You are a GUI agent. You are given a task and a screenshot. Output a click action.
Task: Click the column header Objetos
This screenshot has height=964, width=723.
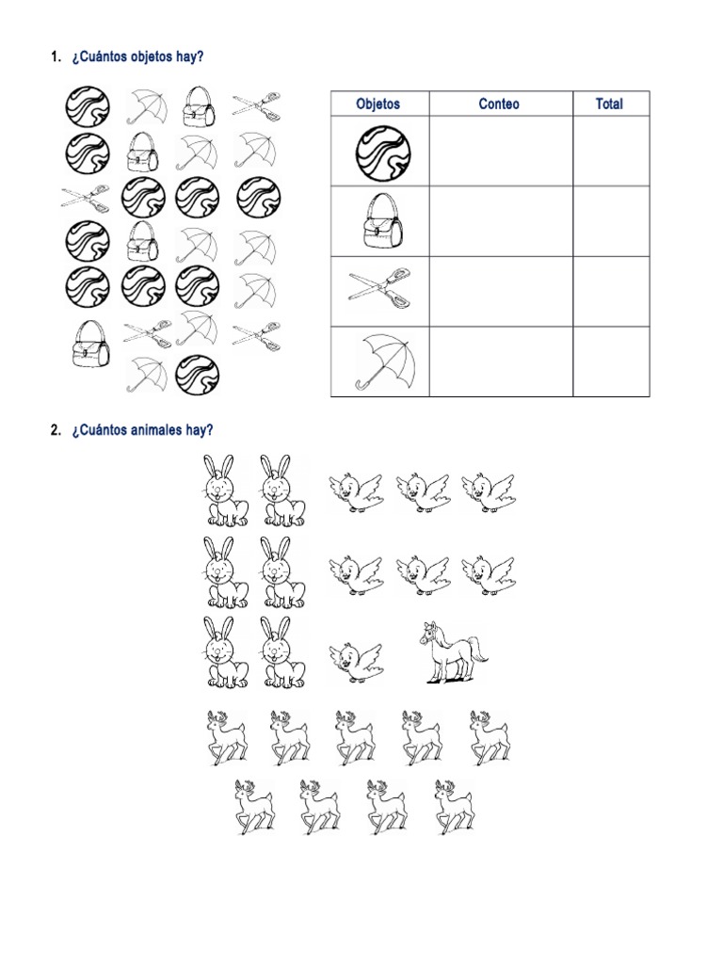(x=378, y=104)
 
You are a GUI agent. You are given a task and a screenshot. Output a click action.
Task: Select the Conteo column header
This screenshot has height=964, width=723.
(x=499, y=104)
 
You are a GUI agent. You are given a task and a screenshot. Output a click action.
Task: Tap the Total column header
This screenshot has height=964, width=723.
(x=609, y=104)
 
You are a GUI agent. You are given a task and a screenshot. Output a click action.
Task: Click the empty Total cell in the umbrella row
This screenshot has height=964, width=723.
(x=610, y=361)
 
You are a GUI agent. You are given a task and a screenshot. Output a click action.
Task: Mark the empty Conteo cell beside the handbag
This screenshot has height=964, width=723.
(x=500, y=221)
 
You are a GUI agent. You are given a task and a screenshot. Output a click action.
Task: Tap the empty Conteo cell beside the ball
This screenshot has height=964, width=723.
(x=500, y=152)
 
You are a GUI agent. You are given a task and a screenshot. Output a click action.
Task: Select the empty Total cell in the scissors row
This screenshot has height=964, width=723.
(x=610, y=291)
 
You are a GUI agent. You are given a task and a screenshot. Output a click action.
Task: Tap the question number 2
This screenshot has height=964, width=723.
(x=54, y=430)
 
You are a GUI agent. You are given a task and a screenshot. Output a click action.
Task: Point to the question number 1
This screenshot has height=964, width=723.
(x=54, y=57)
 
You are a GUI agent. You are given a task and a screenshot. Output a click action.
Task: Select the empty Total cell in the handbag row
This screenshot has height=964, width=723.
(x=610, y=221)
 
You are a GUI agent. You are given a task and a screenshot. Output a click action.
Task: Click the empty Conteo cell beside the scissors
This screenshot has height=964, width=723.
(x=500, y=291)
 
